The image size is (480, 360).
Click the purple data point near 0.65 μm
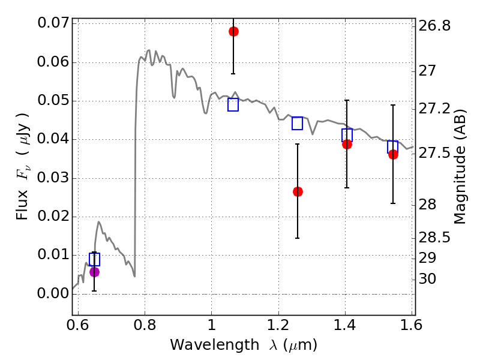94,272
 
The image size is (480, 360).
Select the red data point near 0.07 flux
233,31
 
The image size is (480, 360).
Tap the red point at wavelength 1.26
298,191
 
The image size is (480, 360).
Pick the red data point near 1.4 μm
347,144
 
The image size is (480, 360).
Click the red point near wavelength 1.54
394,155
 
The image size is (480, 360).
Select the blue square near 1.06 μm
233,104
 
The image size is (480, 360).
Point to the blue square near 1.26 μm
297,124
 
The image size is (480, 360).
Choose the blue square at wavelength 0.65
94,259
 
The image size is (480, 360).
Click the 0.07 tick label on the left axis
53,23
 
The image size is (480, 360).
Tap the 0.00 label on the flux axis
53,293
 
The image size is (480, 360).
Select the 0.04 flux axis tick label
53,139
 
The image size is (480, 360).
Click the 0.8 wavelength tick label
145,325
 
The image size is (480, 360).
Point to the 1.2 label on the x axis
278,325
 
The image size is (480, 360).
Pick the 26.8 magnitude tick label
434,26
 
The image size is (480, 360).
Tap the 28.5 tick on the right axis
434,237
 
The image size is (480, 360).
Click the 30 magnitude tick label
427,279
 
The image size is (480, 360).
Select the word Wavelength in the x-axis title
215,345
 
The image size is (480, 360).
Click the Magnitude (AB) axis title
459,166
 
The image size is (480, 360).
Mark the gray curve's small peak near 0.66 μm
98,221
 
